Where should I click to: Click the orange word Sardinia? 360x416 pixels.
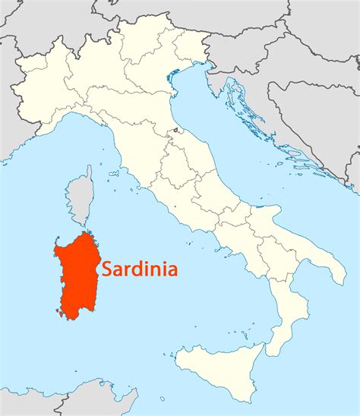(140, 269)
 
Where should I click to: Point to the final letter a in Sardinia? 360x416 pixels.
(172, 269)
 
